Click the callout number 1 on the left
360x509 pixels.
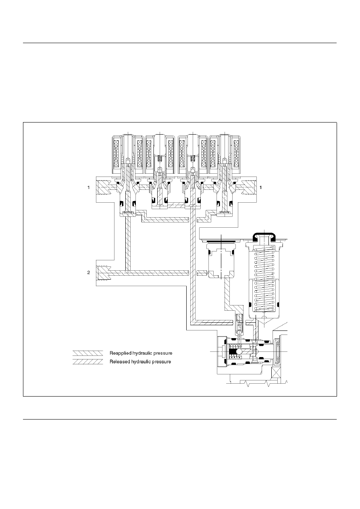point(88,187)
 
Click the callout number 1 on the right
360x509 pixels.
point(260,187)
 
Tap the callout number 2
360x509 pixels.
point(88,272)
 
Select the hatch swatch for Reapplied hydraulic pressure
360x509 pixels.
point(88,353)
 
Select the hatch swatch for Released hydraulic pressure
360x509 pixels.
point(88,362)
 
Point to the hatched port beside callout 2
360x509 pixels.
point(104,273)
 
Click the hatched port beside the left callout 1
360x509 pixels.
point(104,187)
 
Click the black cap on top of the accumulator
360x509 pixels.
point(264,236)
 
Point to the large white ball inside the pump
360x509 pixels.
point(239,351)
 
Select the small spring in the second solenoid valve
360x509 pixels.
point(160,158)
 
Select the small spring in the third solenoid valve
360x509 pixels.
point(193,158)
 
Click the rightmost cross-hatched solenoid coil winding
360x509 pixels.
point(236,154)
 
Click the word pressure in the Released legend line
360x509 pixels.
point(162,362)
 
